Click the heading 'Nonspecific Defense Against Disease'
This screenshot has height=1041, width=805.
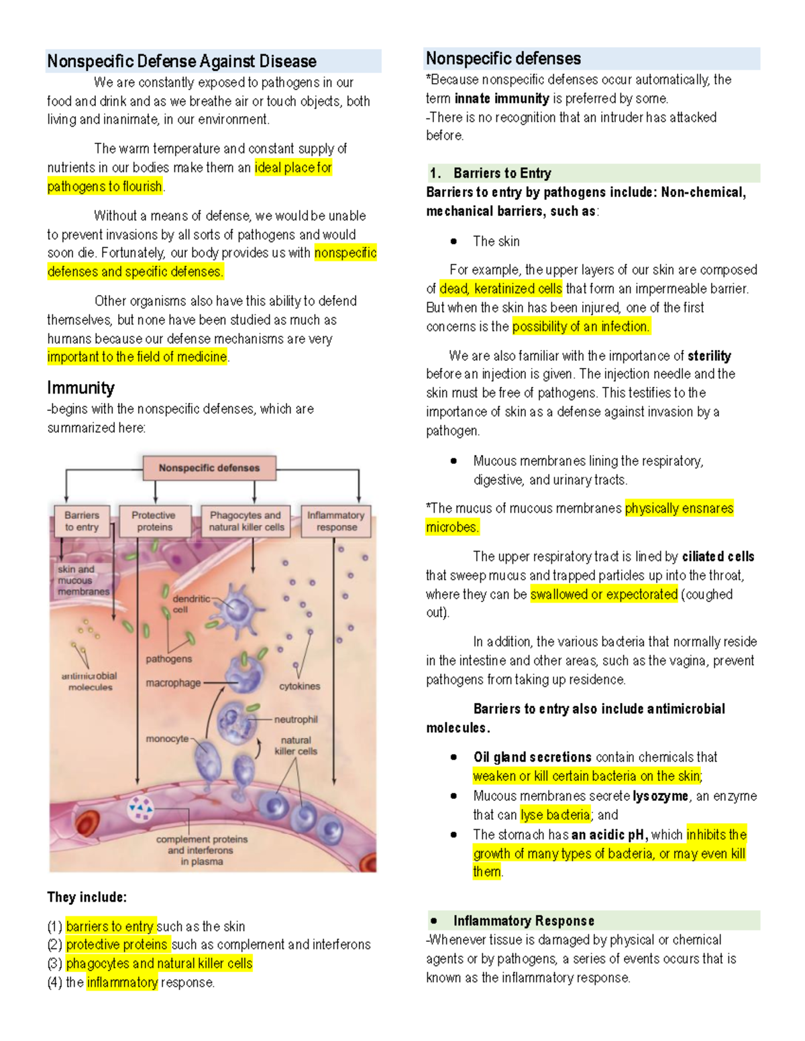pyautogui.click(x=182, y=62)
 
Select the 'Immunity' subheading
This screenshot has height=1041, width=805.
pyautogui.click(x=80, y=388)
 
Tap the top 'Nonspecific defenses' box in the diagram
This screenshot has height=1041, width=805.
pyautogui.click(x=209, y=468)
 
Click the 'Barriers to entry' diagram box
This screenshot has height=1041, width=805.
pyautogui.click(x=82, y=522)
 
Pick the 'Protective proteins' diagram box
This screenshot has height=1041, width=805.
pyautogui.click(x=154, y=522)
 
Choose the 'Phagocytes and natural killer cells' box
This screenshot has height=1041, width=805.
pyautogui.click(x=246, y=522)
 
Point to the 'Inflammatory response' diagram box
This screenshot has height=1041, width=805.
pyautogui.click(x=336, y=522)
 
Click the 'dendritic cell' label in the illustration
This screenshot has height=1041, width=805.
pyautogui.click(x=191, y=604)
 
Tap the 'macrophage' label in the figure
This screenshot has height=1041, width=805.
pyautogui.click(x=173, y=683)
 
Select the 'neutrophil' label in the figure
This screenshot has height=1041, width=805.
pyautogui.click(x=296, y=719)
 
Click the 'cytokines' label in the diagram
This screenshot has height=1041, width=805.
pyautogui.click(x=300, y=686)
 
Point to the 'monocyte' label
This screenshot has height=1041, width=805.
pyautogui.click(x=167, y=739)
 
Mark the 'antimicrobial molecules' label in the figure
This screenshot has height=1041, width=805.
pyautogui.click(x=90, y=682)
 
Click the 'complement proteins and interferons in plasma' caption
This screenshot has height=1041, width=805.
pyautogui.click(x=202, y=850)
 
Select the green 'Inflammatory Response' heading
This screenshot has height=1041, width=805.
pyautogui.click(x=523, y=921)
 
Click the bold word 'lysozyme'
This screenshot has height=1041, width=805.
pyautogui.click(x=660, y=796)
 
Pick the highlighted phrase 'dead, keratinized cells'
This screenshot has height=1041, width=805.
pyautogui.click(x=500, y=289)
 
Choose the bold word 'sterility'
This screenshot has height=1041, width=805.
pyautogui.click(x=709, y=356)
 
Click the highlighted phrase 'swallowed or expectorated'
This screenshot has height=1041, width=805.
pyautogui.click(x=604, y=595)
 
